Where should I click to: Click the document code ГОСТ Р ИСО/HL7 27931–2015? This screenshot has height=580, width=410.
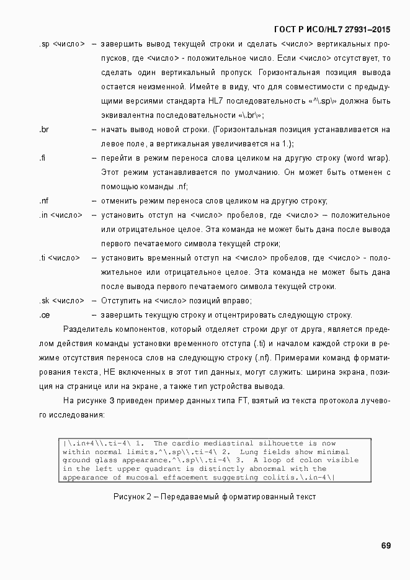pyautogui.click(x=332, y=29)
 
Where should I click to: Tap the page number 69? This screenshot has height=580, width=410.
pyautogui.click(x=386, y=546)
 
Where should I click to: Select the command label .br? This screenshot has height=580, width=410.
pyautogui.click(x=43, y=130)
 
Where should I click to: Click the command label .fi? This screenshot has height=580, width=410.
pyautogui.click(x=42, y=158)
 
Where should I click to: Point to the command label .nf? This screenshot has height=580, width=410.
pyautogui.click(x=43, y=201)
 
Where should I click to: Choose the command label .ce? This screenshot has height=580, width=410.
pyautogui.click(x=44, y=315)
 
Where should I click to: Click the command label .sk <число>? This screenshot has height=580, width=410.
pyautogui.click(x=61, y=301)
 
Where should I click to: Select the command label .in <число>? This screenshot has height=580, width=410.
pyautogui.click(x=60, y=215)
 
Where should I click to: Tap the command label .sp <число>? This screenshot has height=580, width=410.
pyautogui.click(x=61, y=44)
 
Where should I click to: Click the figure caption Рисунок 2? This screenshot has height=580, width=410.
pyautogui.click(x=215, y=497)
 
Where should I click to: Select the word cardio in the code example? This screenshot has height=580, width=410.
pyautogui.click(x=182, y=444)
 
